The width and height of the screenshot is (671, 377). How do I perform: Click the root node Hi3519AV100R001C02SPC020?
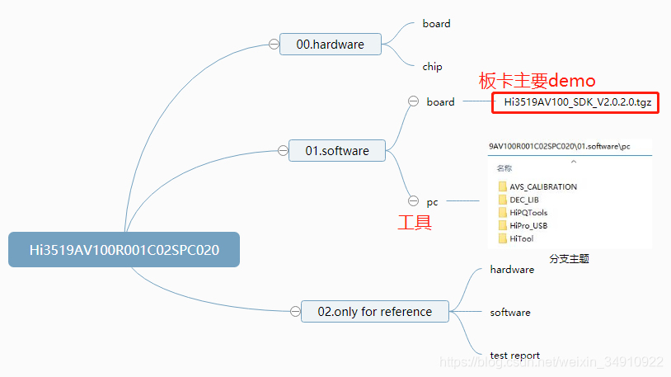(x=124, y=249)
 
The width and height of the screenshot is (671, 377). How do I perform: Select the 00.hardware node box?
(x=330, y=45)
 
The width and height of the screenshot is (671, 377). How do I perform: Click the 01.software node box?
(x=336, y=151)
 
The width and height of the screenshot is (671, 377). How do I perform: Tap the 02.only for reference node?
(x=374, y=311)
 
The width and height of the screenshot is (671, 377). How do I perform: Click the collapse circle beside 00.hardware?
(x=273, y=45)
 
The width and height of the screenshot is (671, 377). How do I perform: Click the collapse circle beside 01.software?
(x=282, y=151)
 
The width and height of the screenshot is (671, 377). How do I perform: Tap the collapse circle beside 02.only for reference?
(x=294, y=311)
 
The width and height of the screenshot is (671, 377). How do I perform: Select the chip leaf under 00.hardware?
(x=432, y=67)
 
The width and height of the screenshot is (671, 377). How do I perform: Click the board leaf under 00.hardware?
(x=436, y=24)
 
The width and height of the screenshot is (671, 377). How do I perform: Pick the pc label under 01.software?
(x=433, y=201)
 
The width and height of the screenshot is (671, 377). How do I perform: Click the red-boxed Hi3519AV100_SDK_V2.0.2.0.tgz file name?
(x=575, y=102)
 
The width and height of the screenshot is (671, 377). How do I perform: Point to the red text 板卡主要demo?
(x=537, y=80)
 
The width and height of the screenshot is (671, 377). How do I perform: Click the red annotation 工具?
(x=415, y=222)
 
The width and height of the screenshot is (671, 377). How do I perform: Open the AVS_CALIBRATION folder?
(x=542, y=186)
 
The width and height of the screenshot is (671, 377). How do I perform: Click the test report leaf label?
(x=514, y=356)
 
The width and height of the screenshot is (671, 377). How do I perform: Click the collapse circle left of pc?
(x=413, y=200)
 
